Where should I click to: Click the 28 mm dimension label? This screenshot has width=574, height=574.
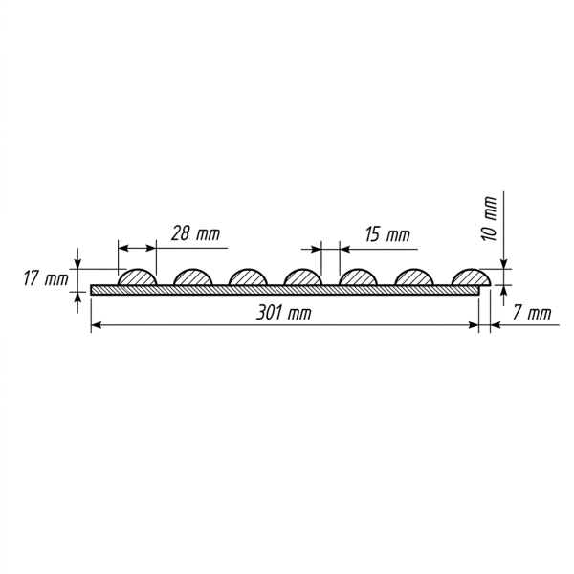pos(195,233)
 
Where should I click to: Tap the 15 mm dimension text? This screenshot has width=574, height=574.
pos(387,234)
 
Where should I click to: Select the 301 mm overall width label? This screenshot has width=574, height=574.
pos(284,313)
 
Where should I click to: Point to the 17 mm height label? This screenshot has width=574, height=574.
pos(46,278)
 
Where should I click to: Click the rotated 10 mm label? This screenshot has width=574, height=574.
pos(490,218)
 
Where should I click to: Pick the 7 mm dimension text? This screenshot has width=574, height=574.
pos(532,313)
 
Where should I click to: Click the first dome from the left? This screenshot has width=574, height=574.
pos(138,277)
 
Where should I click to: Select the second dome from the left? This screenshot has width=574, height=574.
pos(193,277)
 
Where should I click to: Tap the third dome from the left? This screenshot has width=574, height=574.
pos(248,277)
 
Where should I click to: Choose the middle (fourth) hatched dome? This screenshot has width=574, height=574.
pos(303,277)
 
